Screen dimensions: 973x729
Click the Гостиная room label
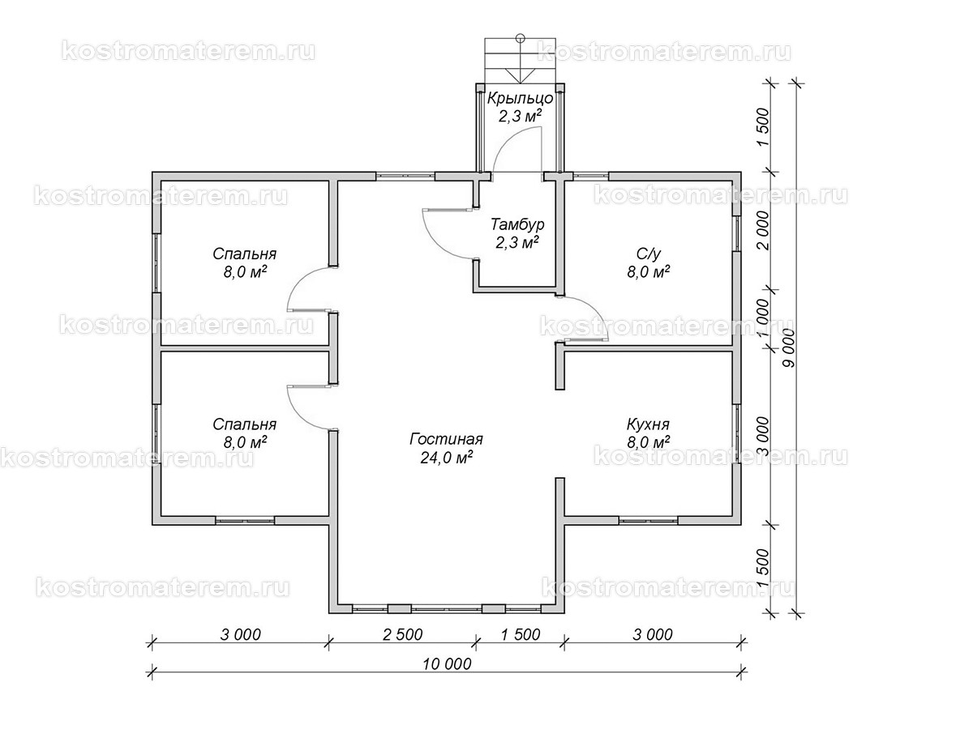coord(446,439)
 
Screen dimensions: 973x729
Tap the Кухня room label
coord(648,424)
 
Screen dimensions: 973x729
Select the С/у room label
coord(648,254)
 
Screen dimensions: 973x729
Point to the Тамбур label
coord(517,224)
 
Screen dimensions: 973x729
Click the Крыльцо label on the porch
coord(521,98)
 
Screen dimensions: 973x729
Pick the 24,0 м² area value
coord(446,457)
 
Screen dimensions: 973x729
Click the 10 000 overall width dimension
coord(447,664)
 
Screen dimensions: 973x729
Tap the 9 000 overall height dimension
coord(788,347)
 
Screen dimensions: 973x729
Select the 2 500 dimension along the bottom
coord(402,634)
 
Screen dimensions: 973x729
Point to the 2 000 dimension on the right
coord(762,230)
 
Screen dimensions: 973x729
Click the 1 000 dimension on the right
coord(762,318)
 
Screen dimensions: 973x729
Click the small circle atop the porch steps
coord(521,38)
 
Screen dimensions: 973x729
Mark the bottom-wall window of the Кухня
coord(648,520)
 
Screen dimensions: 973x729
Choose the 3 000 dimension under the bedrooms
coord(240,634)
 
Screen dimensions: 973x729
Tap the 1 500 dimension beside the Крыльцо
coord(762,127)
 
